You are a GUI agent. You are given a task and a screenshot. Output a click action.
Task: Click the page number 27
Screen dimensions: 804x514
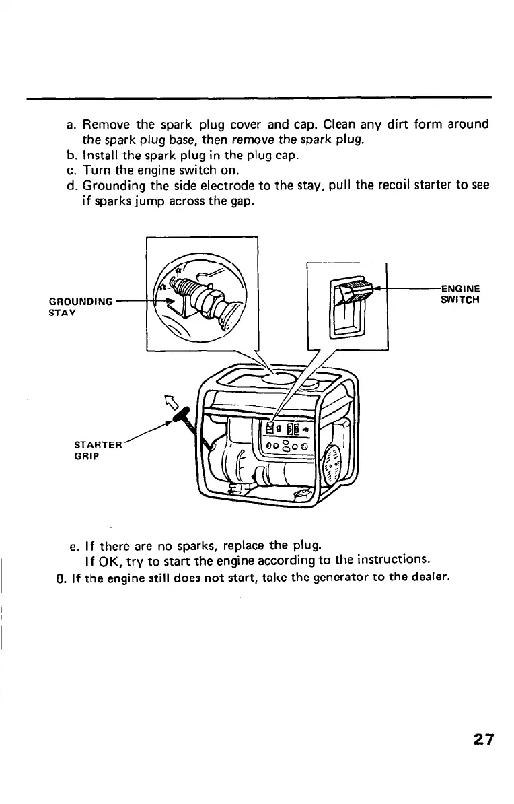[482, 739]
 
